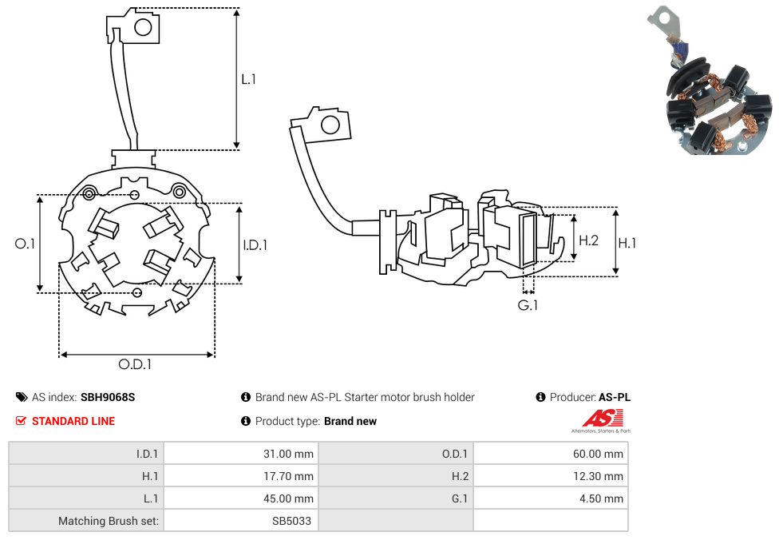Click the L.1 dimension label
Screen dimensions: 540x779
(248, 79)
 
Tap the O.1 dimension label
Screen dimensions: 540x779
(26, 244)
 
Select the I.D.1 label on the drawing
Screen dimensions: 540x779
(255, 245)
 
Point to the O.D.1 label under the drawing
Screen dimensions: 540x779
(135, 364)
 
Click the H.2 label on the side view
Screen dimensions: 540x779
(588, 240)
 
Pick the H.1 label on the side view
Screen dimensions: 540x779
(627, 243)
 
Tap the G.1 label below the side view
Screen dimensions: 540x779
(528, 305)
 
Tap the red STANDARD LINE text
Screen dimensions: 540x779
(73, 421)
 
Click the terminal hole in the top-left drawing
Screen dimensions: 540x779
(143, 28)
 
